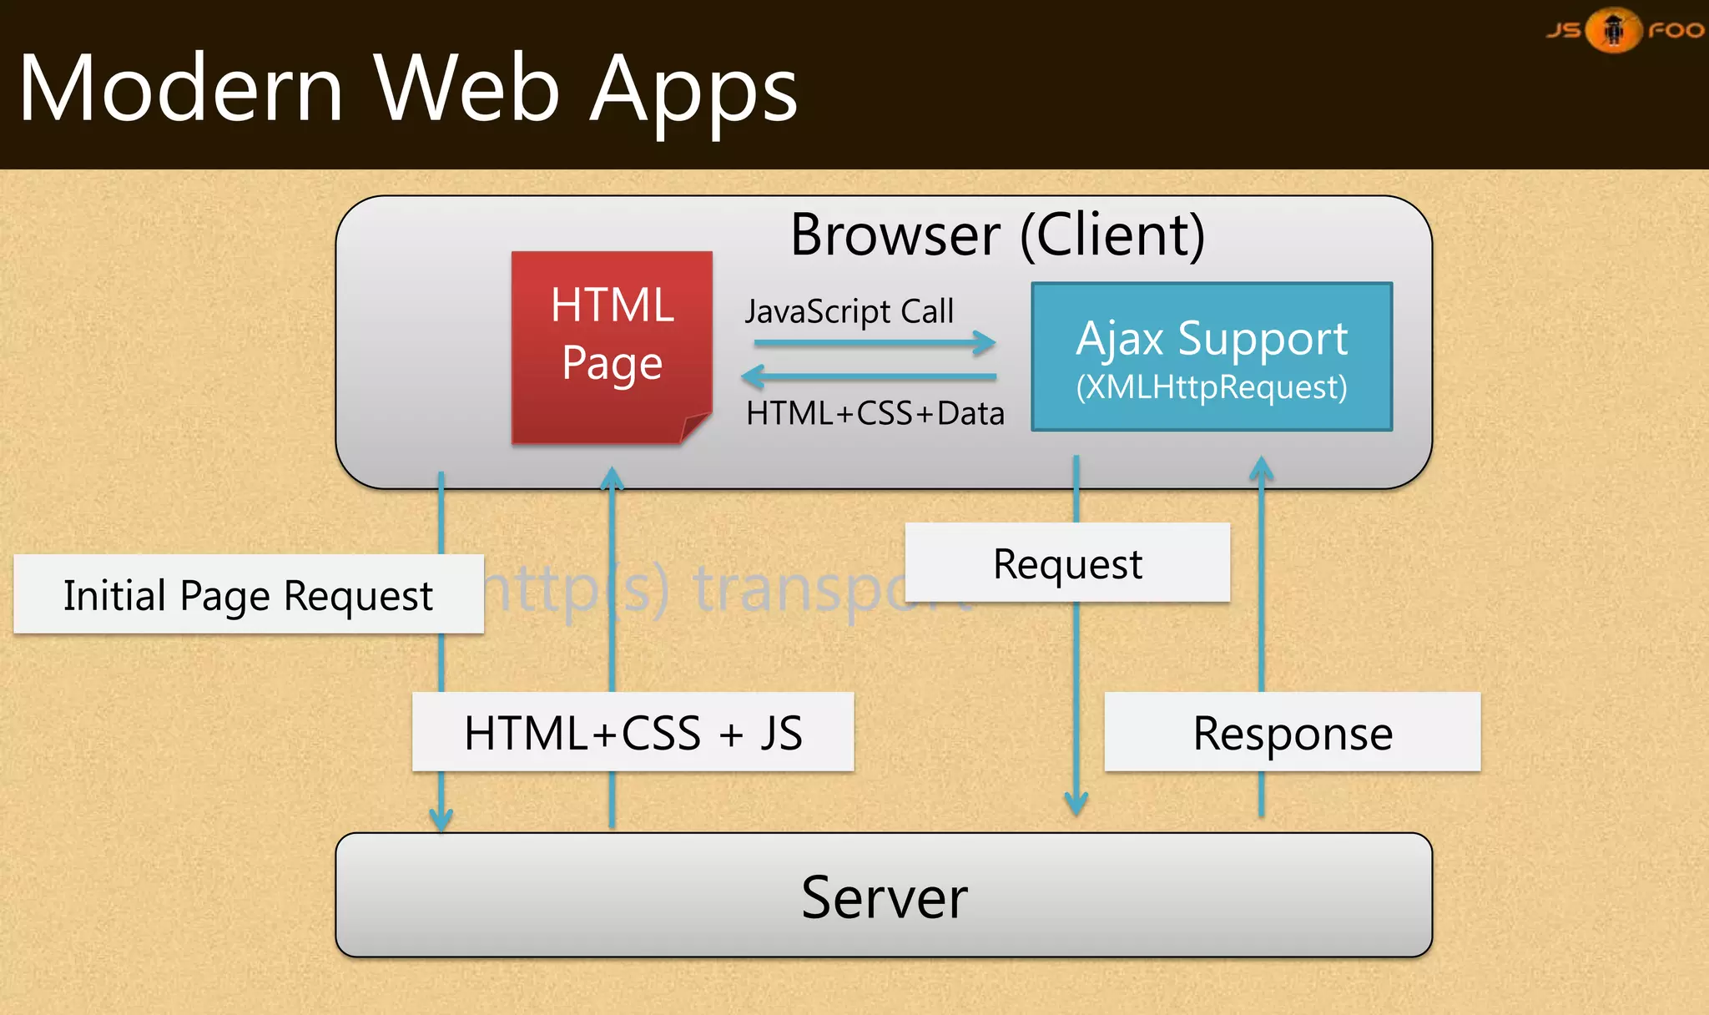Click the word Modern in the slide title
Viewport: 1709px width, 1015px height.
180,88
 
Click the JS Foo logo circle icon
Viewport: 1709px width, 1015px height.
1614,30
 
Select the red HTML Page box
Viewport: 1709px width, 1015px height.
612,346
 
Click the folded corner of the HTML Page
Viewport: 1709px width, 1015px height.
695,427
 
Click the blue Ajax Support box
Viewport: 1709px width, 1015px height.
1212,356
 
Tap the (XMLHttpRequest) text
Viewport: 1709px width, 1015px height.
1212,387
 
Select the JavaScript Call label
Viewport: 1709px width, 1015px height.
849,311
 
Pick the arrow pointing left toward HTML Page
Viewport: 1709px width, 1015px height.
868,377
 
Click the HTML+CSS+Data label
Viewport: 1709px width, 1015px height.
875,413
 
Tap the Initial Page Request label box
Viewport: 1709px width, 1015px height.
249,594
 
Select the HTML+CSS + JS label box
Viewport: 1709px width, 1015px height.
633,732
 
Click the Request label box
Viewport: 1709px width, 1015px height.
1067,563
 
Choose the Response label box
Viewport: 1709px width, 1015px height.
1292,732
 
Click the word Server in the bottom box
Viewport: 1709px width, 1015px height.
885,896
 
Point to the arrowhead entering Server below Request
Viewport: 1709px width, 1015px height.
1076,804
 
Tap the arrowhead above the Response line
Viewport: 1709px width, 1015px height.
1261,468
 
